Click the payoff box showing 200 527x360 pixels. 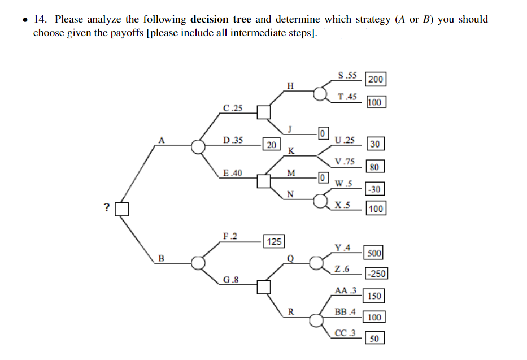(x=376, y=79)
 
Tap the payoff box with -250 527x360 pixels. (x=376, y=274)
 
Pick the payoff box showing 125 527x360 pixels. (x=274, y=241)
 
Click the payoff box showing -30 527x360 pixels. (x=374, y=189)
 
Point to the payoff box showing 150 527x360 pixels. (x=374, y=296)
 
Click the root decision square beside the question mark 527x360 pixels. (x=121, y=209)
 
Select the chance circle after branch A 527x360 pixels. (x=198, y=146)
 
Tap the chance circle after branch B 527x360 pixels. (x=198, y=263)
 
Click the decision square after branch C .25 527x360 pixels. (x=264, y=112)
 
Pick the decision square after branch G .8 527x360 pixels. (x=264, y=287)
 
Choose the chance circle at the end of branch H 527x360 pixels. (x=320, y=93)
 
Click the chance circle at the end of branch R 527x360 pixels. (x=316, y=320)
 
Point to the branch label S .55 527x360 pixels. (x=347, y=75)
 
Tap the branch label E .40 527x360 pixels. (x=233, y=173)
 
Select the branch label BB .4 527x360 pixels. (x=345, y=311)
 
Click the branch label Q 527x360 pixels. (x=290, y=258)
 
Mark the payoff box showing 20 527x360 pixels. (x=271, y=145)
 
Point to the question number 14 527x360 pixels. (x=40, y=19)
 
